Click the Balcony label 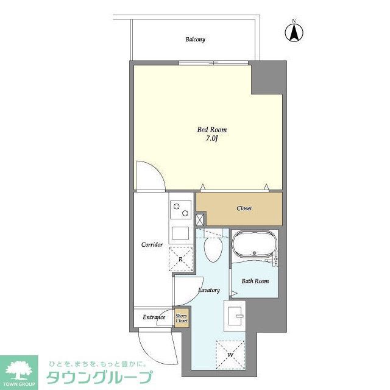point(195,40)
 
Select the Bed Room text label point(208,130)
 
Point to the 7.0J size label point(208,140)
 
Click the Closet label point(244,208)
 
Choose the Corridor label point(152,244)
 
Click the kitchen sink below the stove point(181,233)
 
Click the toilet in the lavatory point(213,249)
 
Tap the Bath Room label point(255,281)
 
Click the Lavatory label point(209,290)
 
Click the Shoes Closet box point(182,318)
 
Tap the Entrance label point(154,317)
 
